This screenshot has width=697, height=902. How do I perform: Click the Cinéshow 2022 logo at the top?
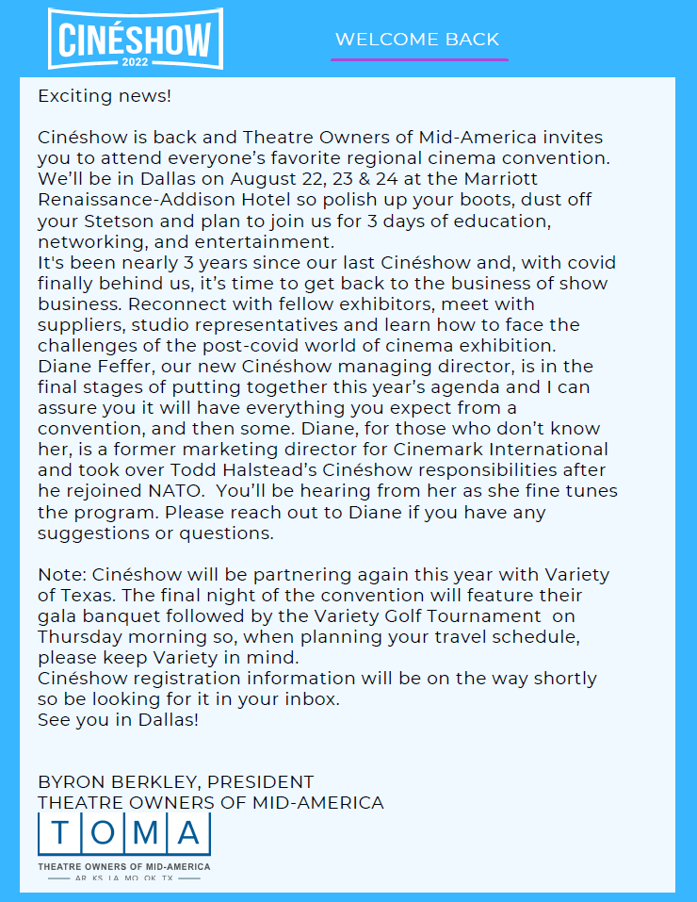pyautogui.click(x=136, y=39)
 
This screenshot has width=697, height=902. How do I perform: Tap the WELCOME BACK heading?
pyautogui.click(x=417, y=40)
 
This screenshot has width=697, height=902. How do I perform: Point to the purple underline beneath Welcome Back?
pyautogui.click(x=419, y=59)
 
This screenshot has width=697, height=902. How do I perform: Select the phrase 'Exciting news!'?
pyautogui.click(x=105, y=95)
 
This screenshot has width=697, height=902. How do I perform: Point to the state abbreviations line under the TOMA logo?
pyautogui.click(x=123, y=878)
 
